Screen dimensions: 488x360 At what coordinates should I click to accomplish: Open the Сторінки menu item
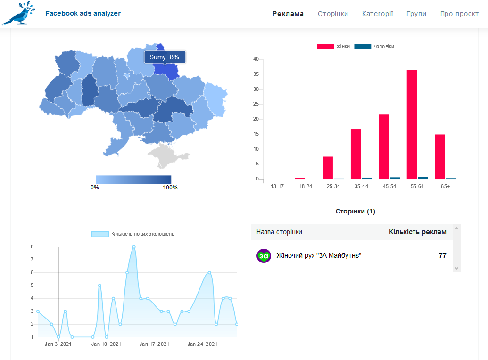click(x=333, y=14)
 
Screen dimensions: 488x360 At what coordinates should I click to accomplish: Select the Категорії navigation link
click(x=377, y=14)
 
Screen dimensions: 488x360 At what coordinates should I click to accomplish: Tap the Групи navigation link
click(x=416, y=14)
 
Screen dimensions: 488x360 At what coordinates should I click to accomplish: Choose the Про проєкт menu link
click(x=459, y=14)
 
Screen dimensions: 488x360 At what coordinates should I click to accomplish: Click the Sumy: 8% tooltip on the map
click(x=165, y=57)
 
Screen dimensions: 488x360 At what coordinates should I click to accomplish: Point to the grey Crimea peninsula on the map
click(x=166, y=155)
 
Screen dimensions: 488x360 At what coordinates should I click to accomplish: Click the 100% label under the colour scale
click(x=170, y=188)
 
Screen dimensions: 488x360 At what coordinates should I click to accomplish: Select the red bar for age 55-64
click(x=412, y=124)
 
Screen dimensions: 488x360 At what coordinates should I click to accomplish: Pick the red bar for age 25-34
click(x=328, y=168)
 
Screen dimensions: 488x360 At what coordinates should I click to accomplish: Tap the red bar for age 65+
click(x=440, y=157)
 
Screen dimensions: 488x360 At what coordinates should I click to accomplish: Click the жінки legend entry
click(x=333, y=46)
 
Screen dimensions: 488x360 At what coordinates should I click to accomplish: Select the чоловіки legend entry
click(x=374, y=46)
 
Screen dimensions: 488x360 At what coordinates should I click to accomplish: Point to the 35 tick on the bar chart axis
click(x=256, y=74)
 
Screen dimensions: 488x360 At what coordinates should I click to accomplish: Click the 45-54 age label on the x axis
click(x=389, y=186)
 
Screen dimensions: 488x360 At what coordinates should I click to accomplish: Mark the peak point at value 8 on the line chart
click(x=134, y=247)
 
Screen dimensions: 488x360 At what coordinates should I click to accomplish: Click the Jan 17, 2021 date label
click(x=154, y=344)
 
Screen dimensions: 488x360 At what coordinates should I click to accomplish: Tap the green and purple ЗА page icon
click(x=264, y=256)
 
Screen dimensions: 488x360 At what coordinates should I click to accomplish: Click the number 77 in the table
click(x=442, y=255)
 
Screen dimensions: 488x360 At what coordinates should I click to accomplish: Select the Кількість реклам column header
click(x=417, y=232)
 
